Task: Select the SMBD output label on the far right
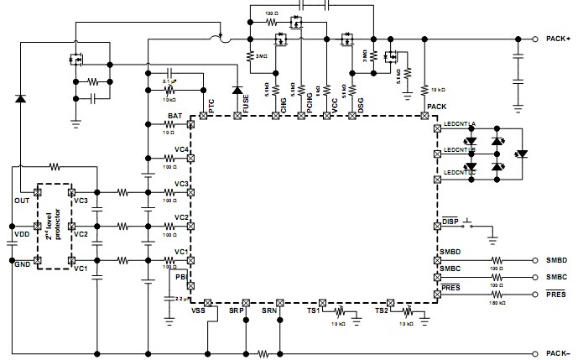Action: click(x=555, y=260)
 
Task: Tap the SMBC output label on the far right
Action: click(x=555, y=276)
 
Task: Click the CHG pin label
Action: click(x=284, y=105)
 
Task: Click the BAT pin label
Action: click(x=174, y=117)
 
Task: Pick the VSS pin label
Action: click(x=198, y=311)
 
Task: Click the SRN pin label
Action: click(x=268, y=311)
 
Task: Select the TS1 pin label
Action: click(x=314, y=311)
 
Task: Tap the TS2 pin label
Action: click(x=382, y=311)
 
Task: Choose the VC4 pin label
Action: click(x=181, y=149)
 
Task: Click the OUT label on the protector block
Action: click(x=22, y=201)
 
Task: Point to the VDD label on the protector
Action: click(x=22, y=234)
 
